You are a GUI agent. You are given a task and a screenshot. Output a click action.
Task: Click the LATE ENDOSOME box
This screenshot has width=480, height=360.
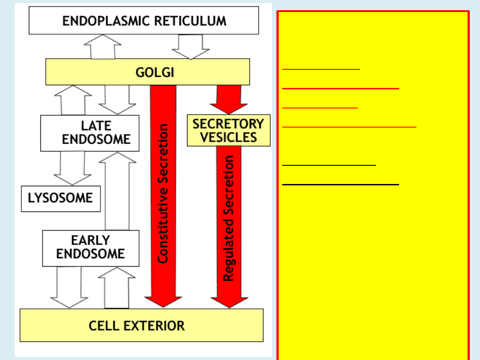89,133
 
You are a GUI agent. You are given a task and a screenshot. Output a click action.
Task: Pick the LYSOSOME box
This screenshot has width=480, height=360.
60,198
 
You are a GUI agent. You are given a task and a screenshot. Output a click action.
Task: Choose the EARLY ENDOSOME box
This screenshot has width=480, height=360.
91,248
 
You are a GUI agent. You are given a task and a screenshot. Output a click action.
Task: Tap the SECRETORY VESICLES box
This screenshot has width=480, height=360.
228,131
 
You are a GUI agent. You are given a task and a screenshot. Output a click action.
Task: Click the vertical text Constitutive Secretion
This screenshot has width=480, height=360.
163,193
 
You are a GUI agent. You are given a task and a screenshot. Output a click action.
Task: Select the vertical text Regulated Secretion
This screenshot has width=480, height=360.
228,218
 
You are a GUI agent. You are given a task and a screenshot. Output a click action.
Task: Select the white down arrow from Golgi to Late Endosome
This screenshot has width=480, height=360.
117,100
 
